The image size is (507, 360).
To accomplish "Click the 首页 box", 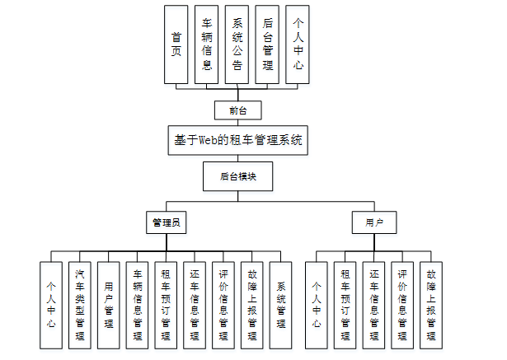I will [x=176, y=44].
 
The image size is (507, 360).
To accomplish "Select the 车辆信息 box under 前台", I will [x=206, y=44].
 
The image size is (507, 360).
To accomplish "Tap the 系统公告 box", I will [x=237, y=44].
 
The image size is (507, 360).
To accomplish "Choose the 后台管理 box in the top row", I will [x=266, y=44].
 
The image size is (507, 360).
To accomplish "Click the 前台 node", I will [x=237, y=110].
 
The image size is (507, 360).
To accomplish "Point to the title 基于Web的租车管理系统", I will [x=238, y=140].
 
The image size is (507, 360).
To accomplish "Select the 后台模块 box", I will [x=237, y=175].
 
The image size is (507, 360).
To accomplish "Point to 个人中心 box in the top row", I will [x=298, y=44].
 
